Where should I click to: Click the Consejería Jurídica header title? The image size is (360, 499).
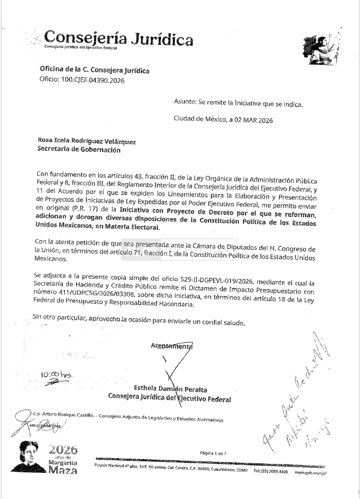(x=119, y=38)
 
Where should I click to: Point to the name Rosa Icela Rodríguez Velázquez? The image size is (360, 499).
(x=87, y=141)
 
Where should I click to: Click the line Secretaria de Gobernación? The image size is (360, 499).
(x=79, y=150)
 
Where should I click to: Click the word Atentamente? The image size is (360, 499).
(x=171, y=345)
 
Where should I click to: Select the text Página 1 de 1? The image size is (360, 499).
(x=213, y=453)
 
